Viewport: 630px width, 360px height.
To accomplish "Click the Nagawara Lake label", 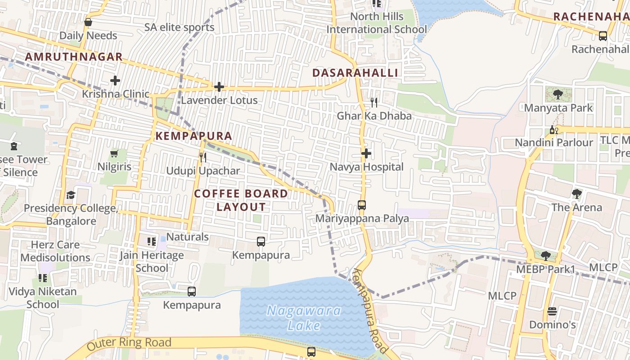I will [x=304, y=318].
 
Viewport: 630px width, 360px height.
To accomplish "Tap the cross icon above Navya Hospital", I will [x=366, y=154].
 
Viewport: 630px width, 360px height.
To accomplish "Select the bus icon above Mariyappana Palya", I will [x=362, y=205].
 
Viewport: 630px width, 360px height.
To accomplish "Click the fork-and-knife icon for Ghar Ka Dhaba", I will [x=374, y=103].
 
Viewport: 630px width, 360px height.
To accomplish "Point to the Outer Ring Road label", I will [x=129, y=343].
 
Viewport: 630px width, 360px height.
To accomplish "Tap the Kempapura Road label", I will [x=370, y=311].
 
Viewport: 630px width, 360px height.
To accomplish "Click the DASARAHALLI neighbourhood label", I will [x=355, y=73].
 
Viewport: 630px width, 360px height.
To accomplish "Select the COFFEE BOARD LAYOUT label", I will [x=241, y=200].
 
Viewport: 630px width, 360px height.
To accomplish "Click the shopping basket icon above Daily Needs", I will [x=88, y=22].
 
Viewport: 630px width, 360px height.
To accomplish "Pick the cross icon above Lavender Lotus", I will [x=219, y=87].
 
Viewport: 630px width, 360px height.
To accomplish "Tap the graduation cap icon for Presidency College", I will [x=71, y=195].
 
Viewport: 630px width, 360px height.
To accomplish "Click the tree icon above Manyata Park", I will [x=558, y=94].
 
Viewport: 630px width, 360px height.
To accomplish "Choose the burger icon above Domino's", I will [x=552, y=311].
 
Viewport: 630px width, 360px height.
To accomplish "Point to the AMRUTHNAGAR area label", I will [x=74, y=57].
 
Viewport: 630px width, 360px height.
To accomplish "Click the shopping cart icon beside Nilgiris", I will [x=114, y=154].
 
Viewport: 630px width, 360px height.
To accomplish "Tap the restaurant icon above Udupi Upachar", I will [x=203, y=157].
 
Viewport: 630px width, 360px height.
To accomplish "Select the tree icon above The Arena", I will [x=576, y=194].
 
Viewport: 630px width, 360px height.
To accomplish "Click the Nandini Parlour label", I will [x=554, y=143].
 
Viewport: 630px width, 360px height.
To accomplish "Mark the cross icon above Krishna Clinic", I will [x=115, y=81].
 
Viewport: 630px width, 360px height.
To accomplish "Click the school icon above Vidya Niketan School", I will [x=43, y=278].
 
